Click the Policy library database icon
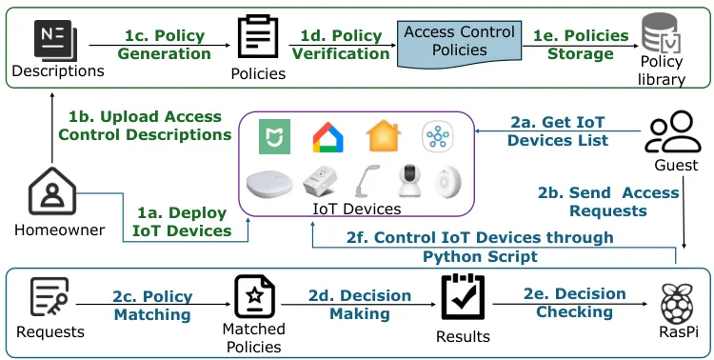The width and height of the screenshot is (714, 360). pyautogui.click(x=662, y=38)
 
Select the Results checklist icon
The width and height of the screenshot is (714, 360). pyautogui.click(x=464, y=298)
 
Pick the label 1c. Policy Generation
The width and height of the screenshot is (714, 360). pyautogui.click(x=164, y=45)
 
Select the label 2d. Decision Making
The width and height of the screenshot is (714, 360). pyautogui.click(x=360, y=304)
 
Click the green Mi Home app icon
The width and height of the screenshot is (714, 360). pyautogui.click(x=277, y=137)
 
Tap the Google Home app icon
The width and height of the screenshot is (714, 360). pyautogui.click(x=328, y=137)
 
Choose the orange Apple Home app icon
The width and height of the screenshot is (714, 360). pyautogui.click(x=384, y=136)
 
